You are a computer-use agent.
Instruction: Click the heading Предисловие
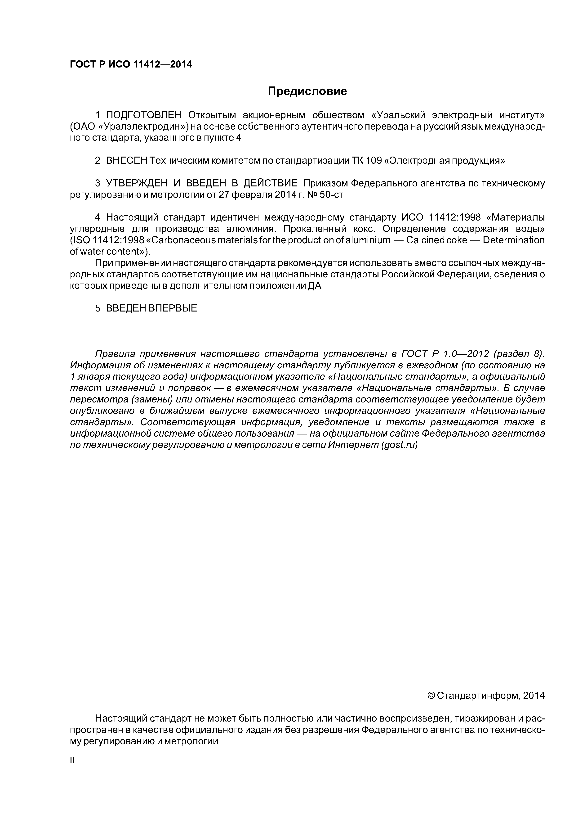coord(307,91)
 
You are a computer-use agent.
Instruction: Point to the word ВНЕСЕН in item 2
coord(127,161)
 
